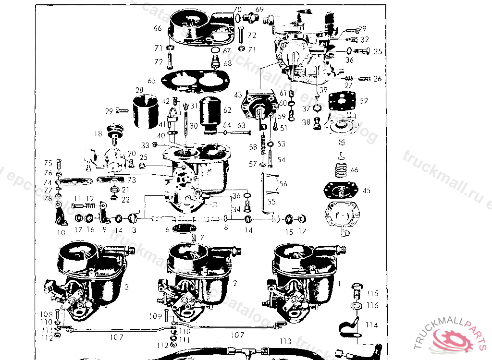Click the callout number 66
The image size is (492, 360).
click(157, 29)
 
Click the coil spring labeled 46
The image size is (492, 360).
click(340, 169)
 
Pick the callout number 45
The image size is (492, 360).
click(367, 191)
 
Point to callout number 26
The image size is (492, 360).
click(377, 79)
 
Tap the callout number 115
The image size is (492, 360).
click(372, 293)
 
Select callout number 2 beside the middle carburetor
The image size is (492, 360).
click(235, 283)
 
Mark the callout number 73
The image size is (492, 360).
click(131, 180)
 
